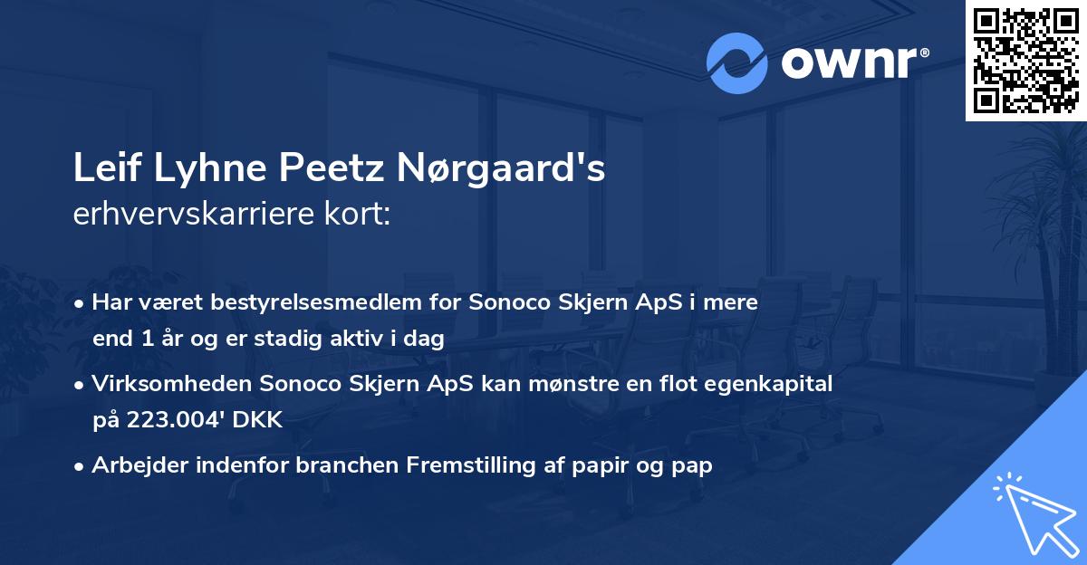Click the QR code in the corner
(x=1024, y=60)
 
